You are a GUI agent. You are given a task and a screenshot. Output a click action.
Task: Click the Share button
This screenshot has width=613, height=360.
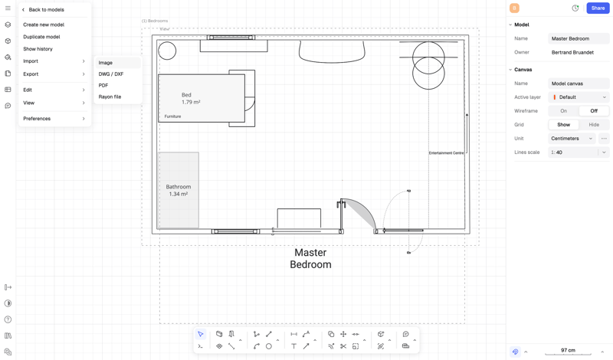[598, 8]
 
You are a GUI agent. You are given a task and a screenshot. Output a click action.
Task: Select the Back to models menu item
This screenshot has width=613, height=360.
[46, 10]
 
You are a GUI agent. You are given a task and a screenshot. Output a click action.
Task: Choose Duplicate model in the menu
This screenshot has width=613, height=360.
[41, 37]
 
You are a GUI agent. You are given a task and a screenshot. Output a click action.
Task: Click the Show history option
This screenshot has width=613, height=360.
[38, 49]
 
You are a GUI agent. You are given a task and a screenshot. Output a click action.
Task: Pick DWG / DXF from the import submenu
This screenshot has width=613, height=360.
[111, 74]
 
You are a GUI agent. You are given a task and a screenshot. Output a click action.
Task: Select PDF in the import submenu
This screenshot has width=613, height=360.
[103, 86]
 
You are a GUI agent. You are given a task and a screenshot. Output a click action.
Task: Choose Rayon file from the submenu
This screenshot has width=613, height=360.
[110, 97]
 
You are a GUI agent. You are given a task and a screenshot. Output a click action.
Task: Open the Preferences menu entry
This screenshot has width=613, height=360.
[37, 119]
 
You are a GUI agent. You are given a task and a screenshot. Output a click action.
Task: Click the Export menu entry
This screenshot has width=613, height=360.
[31, 74]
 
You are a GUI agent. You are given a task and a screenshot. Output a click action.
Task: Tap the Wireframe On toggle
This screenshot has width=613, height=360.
[563, 111]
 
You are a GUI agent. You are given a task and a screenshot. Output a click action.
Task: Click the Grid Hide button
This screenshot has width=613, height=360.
[594, 125]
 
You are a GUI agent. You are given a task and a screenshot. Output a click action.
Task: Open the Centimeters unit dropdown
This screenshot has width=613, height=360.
[572, 139]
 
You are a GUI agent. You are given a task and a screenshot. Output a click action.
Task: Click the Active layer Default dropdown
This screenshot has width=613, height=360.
[579, 97]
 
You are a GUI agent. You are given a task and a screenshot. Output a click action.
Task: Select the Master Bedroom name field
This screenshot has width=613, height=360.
[579, 38]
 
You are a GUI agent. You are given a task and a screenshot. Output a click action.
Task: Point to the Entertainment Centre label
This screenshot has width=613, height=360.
[446, 153]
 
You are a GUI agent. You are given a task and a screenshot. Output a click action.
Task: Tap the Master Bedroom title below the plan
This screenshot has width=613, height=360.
[310, 258]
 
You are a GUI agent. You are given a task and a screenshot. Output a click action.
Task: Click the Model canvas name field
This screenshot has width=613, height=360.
[579, 83]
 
